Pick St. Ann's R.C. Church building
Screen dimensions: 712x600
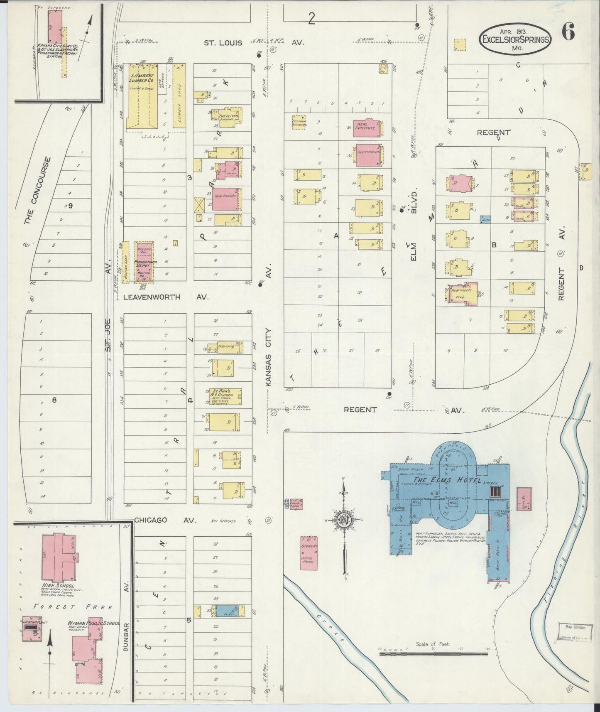225,396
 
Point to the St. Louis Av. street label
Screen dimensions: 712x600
223,43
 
